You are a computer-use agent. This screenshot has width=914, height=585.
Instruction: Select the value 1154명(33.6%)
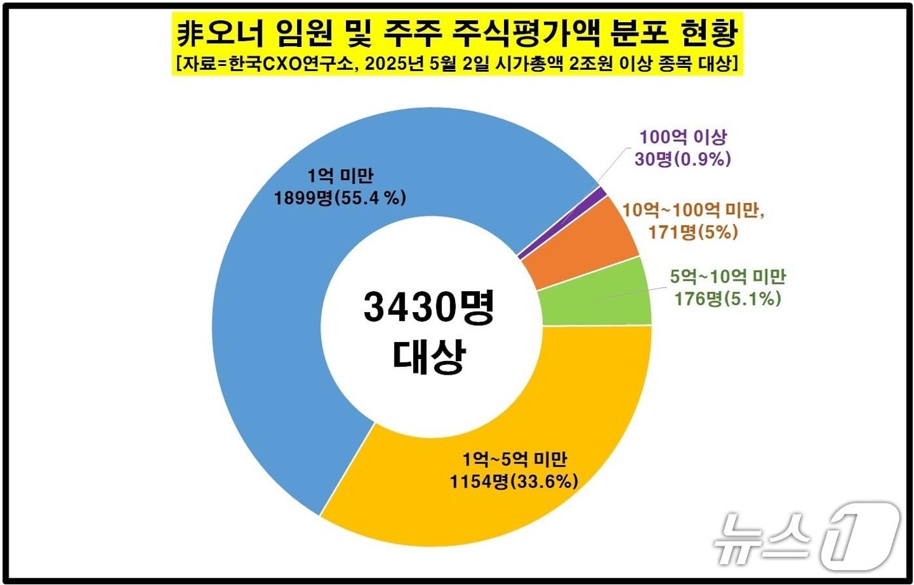pyautogui.click(x=513, y=482)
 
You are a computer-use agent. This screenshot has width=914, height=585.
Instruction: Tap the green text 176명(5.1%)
pyautogui.click(x=729, y=300)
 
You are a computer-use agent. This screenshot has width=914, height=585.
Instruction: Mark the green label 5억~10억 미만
pyautogui.click(x=728, y=277)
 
